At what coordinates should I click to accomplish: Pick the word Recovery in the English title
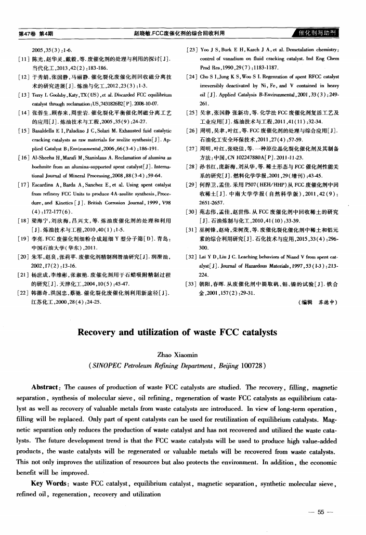(x=102, y=332)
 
